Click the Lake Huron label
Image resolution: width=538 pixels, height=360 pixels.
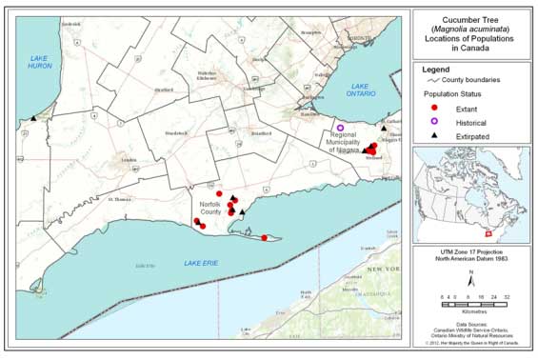[x=39, y=64]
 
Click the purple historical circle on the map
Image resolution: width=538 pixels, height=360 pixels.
[x=340, y=128]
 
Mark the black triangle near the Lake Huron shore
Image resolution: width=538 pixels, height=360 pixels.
[x=33, y=118]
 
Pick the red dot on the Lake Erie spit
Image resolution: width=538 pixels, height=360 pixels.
[x=264, y=238]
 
